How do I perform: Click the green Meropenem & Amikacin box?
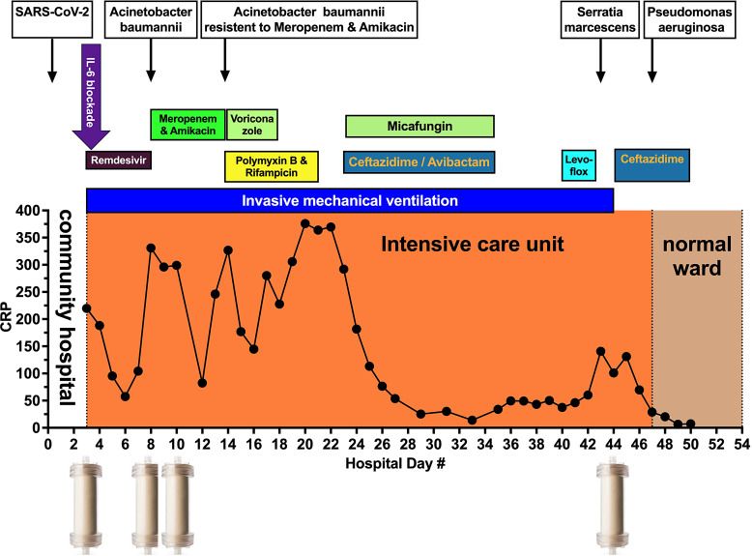pyautogui.click(x=188, y=125)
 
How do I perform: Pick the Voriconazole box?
pyautogui.click(x=252, y=125)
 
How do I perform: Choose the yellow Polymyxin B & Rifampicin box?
pyautogui.click(x=272, y=166)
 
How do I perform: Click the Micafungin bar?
pyautogui.click(x=419, y=126)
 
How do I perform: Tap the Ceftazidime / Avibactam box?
pyautogui.click(x=419, y=161)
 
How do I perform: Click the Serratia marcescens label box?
pyautogui.click(x=600, y=19)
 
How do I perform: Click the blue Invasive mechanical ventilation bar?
pyautogui.click(x=349, y=200)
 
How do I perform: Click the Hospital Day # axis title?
pyautogui.click(x=395, y=463)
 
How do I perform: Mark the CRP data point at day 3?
pyautogui.click(x=87, y=308)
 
